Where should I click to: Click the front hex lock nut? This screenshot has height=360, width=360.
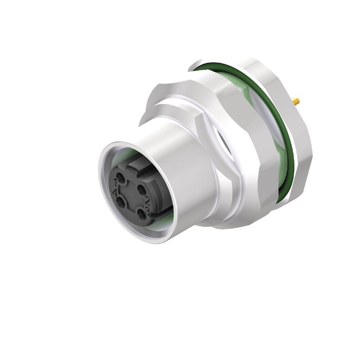[189, 99]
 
